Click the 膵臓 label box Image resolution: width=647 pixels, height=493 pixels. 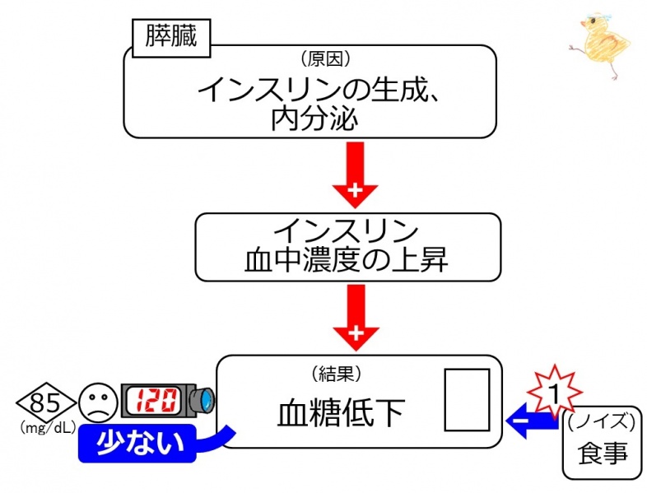point(171,37)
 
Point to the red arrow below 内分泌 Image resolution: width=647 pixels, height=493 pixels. point(355,175)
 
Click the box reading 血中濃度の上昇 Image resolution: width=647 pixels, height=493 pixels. point(347,247)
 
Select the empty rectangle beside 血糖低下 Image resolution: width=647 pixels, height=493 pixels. point(467,400)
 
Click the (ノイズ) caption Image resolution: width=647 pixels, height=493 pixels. point(602,423)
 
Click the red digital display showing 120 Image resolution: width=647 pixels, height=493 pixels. point(157,401)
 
